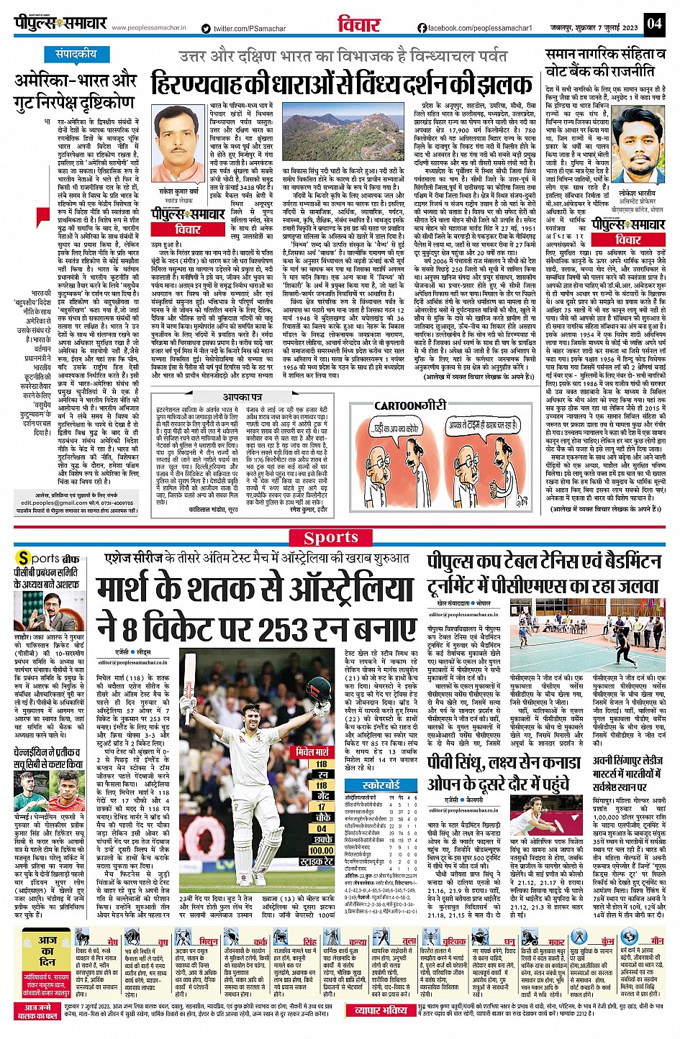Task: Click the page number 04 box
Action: [x=653, y=23]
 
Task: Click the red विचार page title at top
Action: [x=358, y=24]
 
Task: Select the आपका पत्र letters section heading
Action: [x=242, y=397]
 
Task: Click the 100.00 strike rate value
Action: [x=321, y=850]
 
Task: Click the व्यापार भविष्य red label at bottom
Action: [x=381, y=1010]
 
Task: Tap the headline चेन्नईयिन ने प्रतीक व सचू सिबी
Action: [x=50, y=759]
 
